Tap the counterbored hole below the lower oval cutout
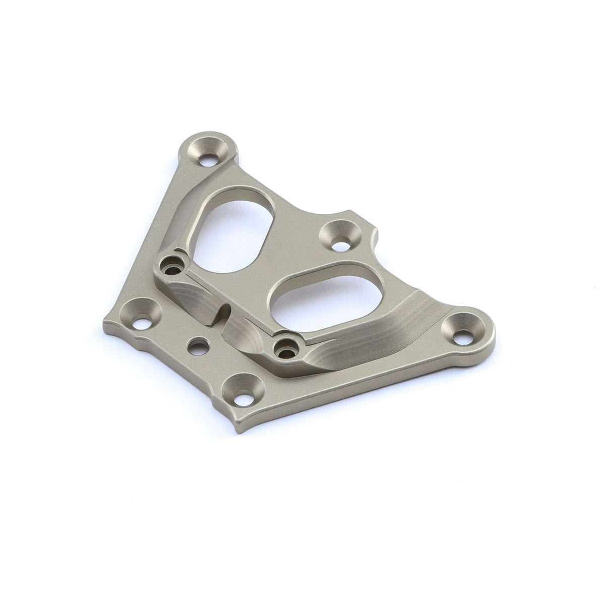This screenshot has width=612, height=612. tap(286, 347)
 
